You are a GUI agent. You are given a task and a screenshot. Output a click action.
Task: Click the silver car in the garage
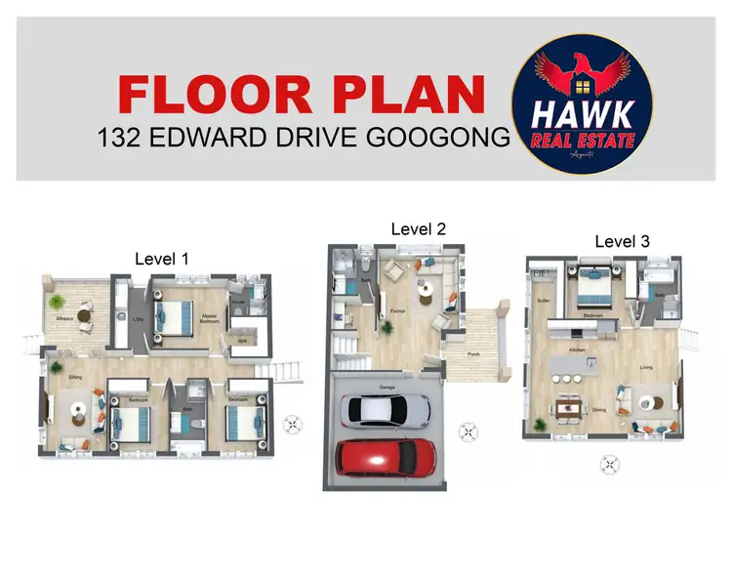[x=385, y=410]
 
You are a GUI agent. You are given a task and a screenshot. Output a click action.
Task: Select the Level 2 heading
[x=418, y=228]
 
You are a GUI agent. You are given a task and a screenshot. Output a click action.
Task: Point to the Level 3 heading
[x=622, y=241]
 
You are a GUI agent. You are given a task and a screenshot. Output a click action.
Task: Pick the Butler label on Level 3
[x=544, y=301]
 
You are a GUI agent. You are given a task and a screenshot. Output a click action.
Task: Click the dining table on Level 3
[x=568, y=407]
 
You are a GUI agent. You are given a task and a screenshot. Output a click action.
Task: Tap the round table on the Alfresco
[x=84, y=316]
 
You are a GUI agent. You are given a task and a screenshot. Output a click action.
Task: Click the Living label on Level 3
[x=646, y=367]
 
